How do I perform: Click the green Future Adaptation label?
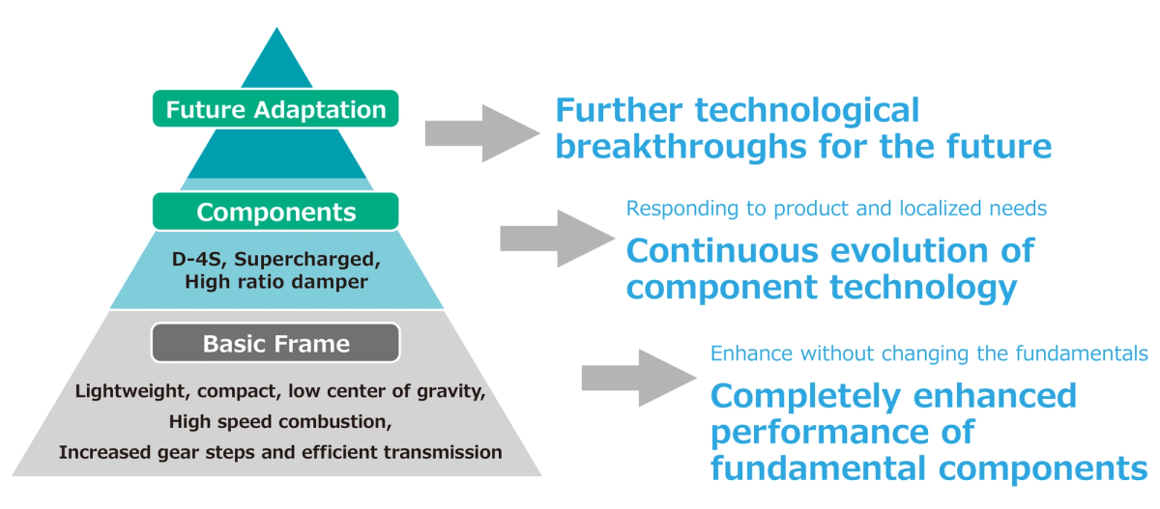point(276,109)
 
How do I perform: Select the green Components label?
point(276,212)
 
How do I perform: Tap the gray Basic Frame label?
point(276,343)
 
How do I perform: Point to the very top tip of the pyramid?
point(277,30)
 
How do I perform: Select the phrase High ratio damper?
point(276,282)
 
